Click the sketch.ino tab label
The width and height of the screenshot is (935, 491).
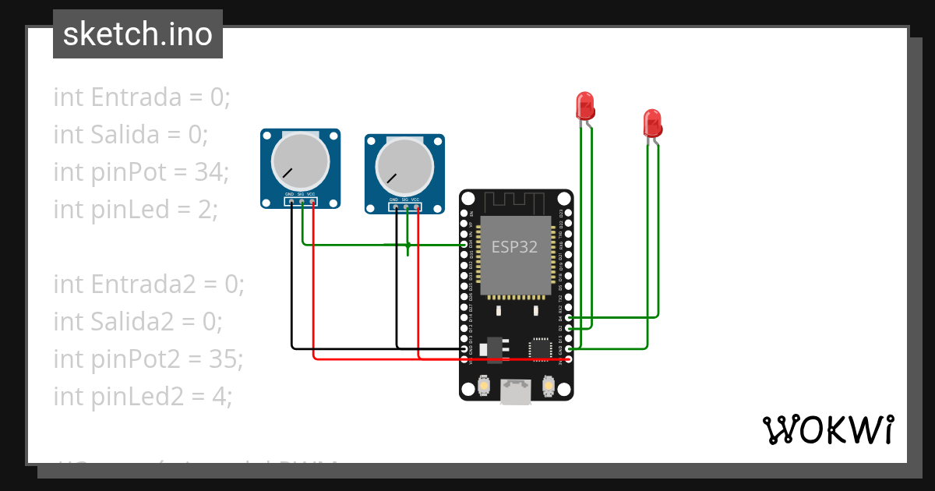(137, 34)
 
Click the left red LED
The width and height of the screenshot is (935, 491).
(584, 105)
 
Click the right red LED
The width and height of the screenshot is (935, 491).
(652, 123)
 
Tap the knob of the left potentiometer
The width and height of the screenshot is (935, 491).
(300, 161)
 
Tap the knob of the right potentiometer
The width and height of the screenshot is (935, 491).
(404, 166)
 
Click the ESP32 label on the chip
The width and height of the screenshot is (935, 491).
(514, 248)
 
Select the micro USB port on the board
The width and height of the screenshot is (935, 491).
(516, 392)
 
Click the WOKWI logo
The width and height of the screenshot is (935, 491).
(828, 429)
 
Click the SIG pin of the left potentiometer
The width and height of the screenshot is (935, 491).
(302, 202)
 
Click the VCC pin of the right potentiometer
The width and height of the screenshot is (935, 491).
(417, 208)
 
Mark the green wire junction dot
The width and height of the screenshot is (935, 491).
(408, 245)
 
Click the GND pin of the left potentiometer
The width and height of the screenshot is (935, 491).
(291, 202)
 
